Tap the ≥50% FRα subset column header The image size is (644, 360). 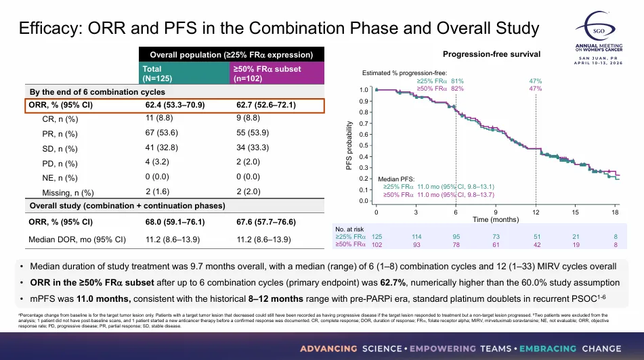pos(267,73)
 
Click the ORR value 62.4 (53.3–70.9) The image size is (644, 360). pos(175,106)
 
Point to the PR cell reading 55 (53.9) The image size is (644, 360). pos(255,134)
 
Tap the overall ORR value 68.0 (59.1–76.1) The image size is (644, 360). pos(175,221)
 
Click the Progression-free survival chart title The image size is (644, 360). pos(491,54)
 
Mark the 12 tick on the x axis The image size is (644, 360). pos(536,212)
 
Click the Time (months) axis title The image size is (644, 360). pos(496,220)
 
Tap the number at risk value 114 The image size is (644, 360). pos(416,236)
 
